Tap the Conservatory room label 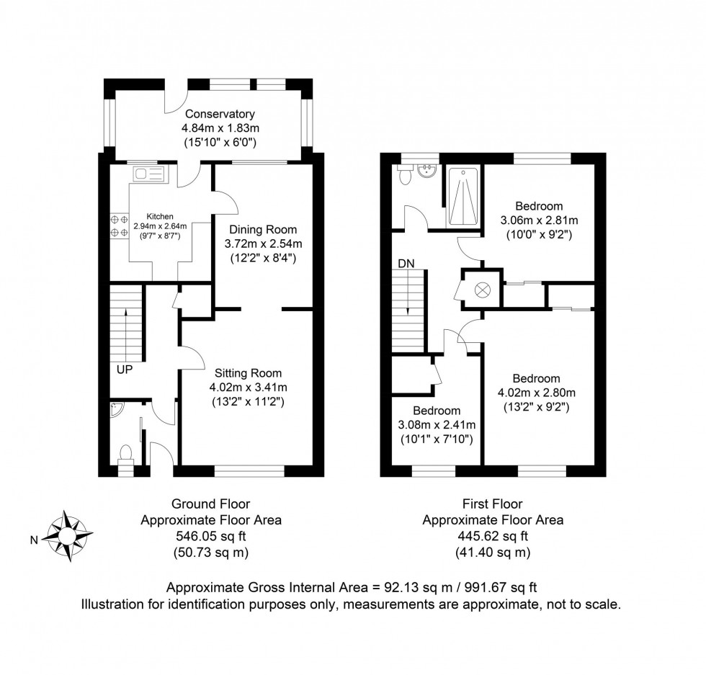tap(219, 114)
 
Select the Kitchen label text tap(161, 216)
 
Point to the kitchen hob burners tap(117, 226)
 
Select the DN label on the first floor tap(406, 264)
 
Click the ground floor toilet tap(125, 455)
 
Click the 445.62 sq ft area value tap(493, 535)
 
